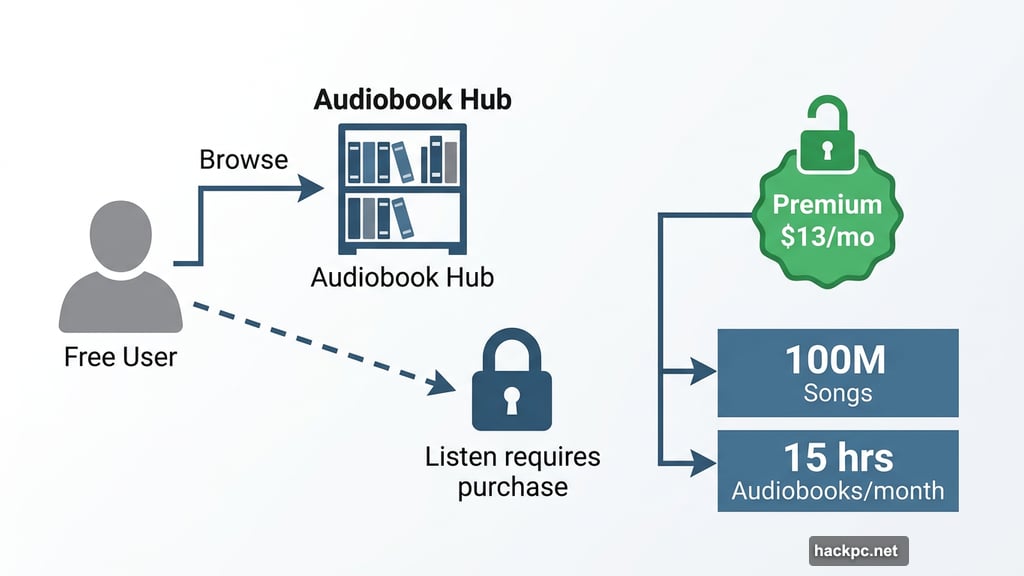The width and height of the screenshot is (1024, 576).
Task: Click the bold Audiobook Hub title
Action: (x=412, y=100)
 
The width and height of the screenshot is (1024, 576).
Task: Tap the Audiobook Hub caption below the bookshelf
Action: (x=402, y=277)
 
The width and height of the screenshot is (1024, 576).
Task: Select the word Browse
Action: (x=244, y=160)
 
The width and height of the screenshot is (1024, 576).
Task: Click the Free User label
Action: (x=120, y=357)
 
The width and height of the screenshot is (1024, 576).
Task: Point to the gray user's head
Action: (x=120, y=232)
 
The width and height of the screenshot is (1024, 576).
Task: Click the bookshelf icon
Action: (x=402, y=189)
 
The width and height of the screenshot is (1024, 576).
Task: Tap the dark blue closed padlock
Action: (x=511, y=385)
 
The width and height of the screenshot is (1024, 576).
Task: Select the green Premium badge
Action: (x=827, y=220)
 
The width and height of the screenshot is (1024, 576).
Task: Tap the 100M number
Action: (x=837, y=362)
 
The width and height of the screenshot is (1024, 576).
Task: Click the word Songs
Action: (x=837, y=393)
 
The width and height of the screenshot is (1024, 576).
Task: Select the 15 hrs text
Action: (x=837, y=458)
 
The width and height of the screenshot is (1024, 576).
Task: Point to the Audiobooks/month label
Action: (x=837, y=491)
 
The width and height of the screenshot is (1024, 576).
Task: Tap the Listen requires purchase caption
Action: (x=512, y=472)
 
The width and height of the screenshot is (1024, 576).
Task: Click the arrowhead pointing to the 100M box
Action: (x=705, y=372)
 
